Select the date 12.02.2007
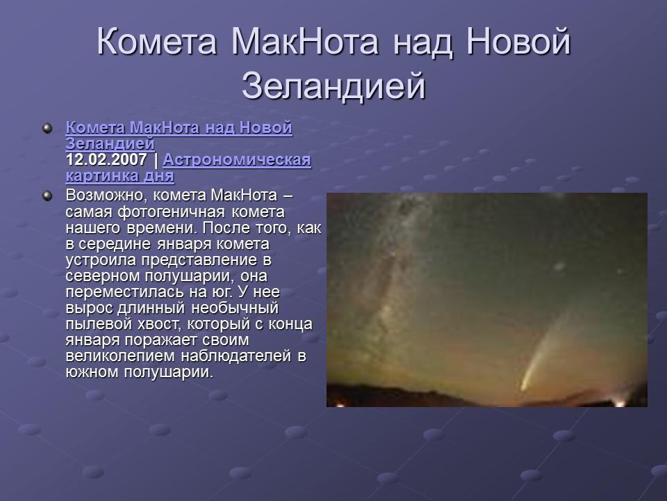pyautogui.click(x=106, y=160)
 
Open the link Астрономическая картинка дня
pyautogui.click(x=236, y=160)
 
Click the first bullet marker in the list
pyautogui.click(x=47, y=128)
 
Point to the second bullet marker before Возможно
pyautogui.click(x=47, y=196)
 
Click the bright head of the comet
pyautogui.click(x=526, y=384)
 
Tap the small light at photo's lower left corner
pyautogui.click(x=340, y=404)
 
